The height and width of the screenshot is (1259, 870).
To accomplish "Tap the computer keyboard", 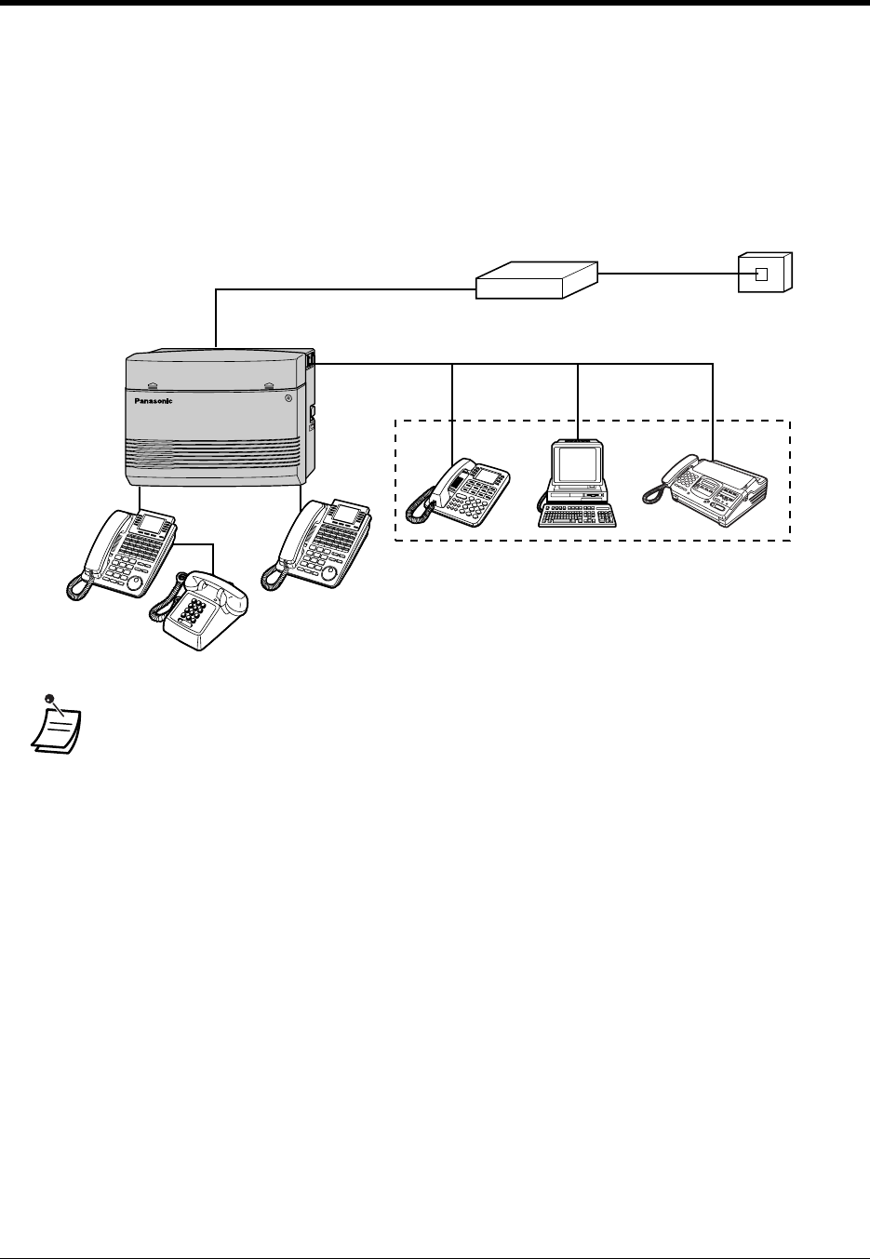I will [x=577, y=515].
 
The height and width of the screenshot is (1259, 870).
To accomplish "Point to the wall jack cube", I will [x=765, y=273].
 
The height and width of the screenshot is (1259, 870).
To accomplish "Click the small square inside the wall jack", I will [x=760, y=275].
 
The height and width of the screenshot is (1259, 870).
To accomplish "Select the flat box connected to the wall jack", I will [x=536, y=278].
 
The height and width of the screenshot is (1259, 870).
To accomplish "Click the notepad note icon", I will [x=55, y=726].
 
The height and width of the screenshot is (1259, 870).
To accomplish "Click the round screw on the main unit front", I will [x=288, y=397].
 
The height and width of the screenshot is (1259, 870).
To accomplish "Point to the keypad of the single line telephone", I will [x=198, y=613].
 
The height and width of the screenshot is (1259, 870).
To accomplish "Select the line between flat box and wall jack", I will [x=668, y=274].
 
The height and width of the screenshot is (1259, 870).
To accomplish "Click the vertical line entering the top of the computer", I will [x=579, y=400].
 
